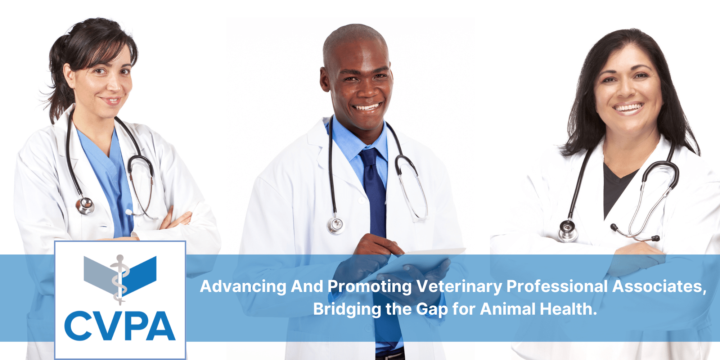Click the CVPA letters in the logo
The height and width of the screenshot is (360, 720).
pyautogui.click(x=120, y=326)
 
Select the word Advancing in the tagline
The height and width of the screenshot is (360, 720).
pyautogui.click(x=243, y=287)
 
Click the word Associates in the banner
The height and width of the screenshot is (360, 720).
pyautogui.click(x=659, y=287)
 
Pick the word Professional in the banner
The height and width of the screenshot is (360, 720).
pyautogui.click(x=557, y=287)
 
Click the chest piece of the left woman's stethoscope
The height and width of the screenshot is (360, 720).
pyautogui.click(x=85, y=206)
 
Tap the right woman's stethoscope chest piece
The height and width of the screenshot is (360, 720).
pyautogui.click(x=567, y=230)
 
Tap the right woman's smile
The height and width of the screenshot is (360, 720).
pyautogui.click(x=629, y=108)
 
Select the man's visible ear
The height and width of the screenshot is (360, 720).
pyautogui.click(x=325, y=78)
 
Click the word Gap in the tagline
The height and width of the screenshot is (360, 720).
pyautogui.click(x=432, y=310)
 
